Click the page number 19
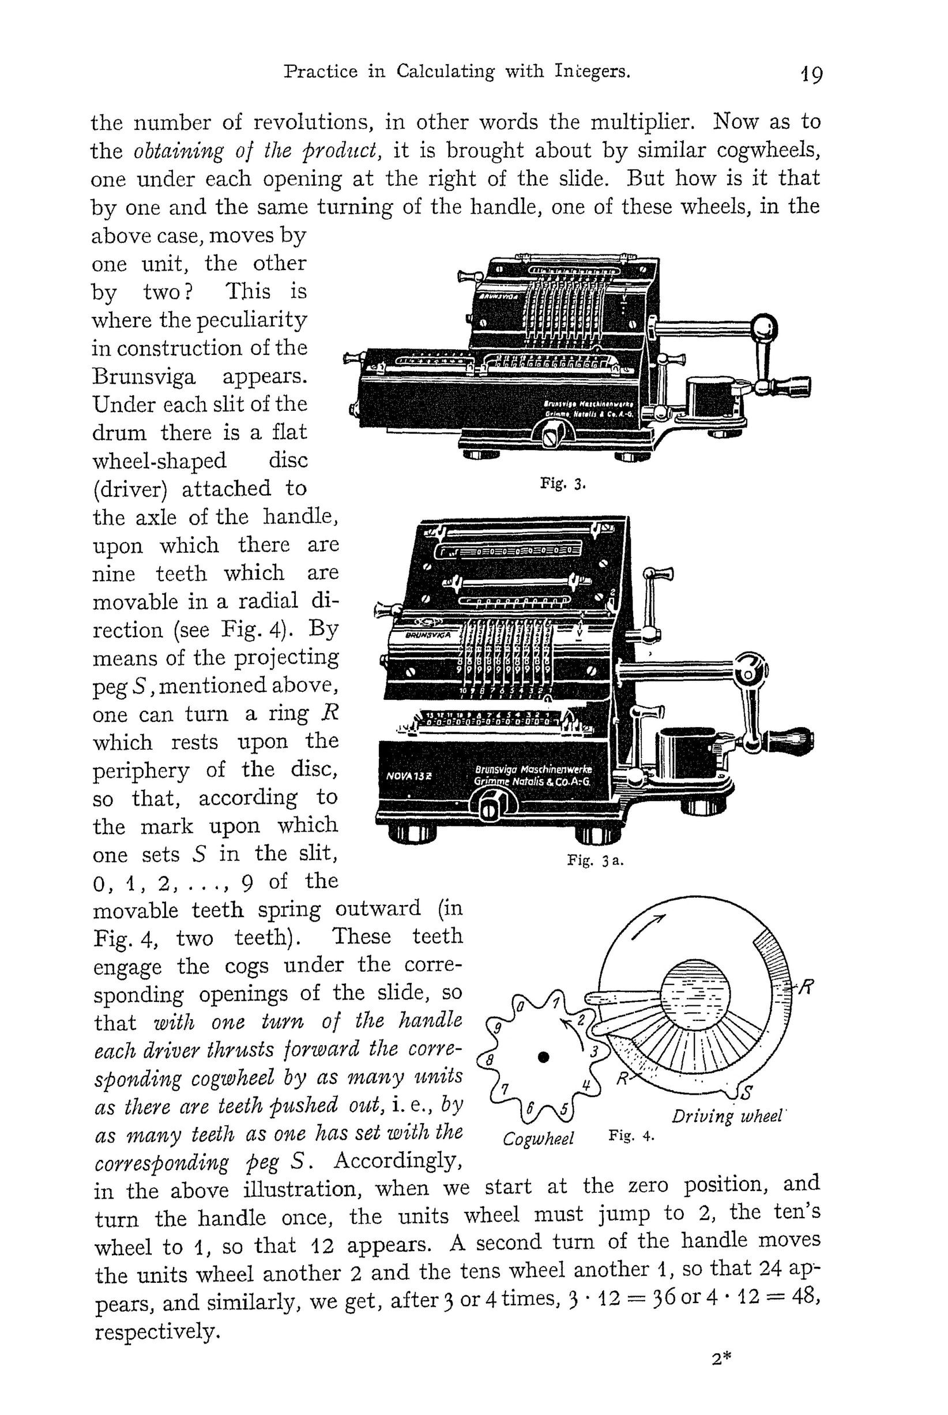[x=809, y=75]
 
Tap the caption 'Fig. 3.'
[x=563, y=484]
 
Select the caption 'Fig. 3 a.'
[x=595, y=860]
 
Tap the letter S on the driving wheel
[x=746, y=1091]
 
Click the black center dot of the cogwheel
[x=544, y=1057]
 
